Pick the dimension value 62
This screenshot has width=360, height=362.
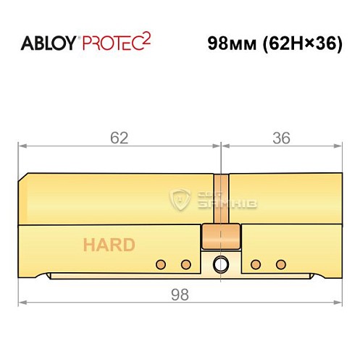pos(120,138)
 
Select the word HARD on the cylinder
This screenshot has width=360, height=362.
pos(109,245)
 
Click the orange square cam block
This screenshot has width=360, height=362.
pos(221,237)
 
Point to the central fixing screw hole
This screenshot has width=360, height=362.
pos(221,263)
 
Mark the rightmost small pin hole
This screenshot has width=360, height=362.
pos(280,263)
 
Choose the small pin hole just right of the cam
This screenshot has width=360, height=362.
pos(255,263)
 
